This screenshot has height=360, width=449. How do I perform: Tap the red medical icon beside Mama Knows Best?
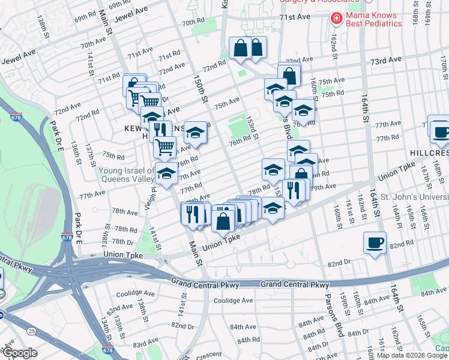coord(336,18)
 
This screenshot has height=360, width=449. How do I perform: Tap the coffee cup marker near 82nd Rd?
coord(375,243)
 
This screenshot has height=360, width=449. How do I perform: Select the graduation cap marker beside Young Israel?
coord(166,174)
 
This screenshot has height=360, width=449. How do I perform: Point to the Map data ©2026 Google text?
coord(412,355)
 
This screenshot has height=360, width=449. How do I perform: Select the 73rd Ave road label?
coord(385,61)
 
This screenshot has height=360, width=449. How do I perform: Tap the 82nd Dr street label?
coord(339,263)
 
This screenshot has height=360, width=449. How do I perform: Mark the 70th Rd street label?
coord(193,22)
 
